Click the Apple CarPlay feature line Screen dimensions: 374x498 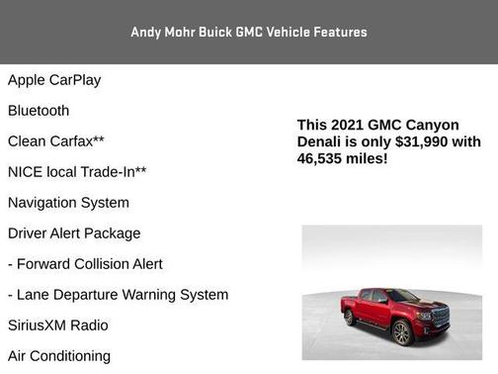54,80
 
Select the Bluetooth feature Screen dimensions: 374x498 39,111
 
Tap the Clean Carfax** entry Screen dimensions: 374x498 56,141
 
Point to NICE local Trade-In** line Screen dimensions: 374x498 77,172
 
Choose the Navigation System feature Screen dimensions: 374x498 68,203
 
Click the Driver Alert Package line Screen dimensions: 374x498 74,234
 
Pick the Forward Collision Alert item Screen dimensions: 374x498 85,264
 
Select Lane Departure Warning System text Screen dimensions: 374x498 118,295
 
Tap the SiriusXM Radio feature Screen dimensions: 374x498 58,326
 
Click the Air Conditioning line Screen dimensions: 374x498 59,356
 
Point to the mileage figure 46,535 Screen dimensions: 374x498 322,158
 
